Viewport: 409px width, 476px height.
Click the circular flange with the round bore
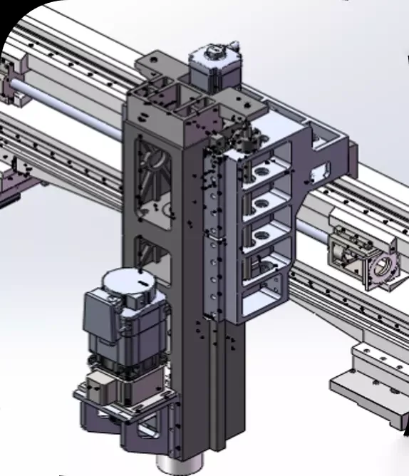click(x=381, y=269)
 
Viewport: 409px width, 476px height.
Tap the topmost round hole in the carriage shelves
click(x=258, y=173)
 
